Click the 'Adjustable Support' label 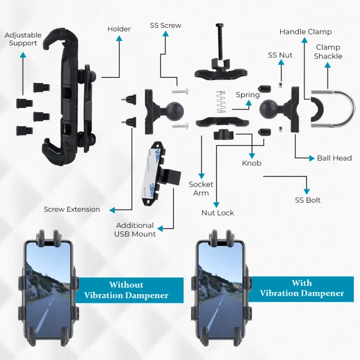pyautogui.click(x=23, y=39)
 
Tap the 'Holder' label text pyautogui.click(x=119, y=29)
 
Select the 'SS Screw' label pyautogui.click(x=166, y=25)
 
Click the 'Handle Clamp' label pyautogui.click(x=305, y=32)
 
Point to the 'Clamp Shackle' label pyautogui.click(x=328, y=51)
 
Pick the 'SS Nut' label pyautogui.click(x=280, y=55)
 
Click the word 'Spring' pyautogui.click(x=248, y=95)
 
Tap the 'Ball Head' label pyautogui.click(x=334, y=158)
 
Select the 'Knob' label pyautogui.click(x=251, y=163)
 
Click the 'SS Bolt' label pyautogui.click(x=308, y=200)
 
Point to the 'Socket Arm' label pyautogui.click(x=201, y=188)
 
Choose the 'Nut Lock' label pyautogui.click(x=218, y=212)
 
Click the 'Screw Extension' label pyautogui.click(x=71, y=209)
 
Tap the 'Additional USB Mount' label pyautogui.click(x=135, y=229)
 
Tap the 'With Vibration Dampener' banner pyautogui.click(x=301, y=289)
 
